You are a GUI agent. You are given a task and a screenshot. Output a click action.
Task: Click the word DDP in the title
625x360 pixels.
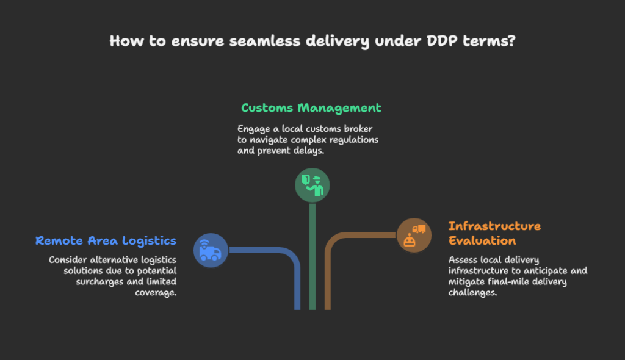tap(445, 41)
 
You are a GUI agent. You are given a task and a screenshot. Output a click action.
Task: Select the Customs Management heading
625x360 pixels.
tap(311, 108)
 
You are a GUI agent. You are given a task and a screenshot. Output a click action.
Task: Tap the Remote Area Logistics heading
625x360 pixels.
tap(106, 240)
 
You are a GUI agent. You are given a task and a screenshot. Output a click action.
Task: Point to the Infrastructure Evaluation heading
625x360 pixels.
tap(494, 233)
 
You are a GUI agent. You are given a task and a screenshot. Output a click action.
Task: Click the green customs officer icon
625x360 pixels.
tap(312, 185)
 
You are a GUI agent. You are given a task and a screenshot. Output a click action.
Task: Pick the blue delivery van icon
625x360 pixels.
tap(211, 250)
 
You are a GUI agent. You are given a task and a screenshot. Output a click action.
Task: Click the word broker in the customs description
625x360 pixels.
tap(361, 129)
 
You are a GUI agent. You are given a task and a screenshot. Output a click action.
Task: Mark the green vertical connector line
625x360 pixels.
tap(312, 256)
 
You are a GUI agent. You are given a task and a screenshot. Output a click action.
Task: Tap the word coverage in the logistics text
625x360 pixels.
tap(155, 292)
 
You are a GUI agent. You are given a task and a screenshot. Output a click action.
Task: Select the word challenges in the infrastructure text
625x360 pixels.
tap(473, 292)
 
